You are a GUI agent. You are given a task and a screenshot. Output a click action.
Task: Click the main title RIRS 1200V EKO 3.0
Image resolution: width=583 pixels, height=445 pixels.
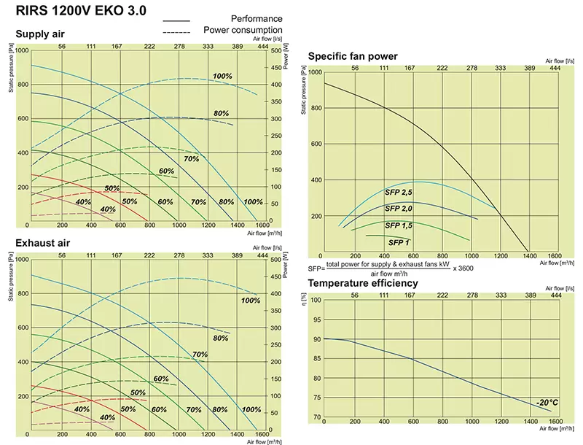click(82, 11)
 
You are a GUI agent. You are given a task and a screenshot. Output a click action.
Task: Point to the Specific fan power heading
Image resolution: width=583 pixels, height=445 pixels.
click(353, 56)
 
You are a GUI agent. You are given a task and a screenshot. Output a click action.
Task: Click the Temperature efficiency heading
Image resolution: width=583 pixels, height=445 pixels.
click(363, 283)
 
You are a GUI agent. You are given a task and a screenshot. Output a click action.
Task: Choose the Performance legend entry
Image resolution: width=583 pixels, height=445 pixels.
click(257, 18)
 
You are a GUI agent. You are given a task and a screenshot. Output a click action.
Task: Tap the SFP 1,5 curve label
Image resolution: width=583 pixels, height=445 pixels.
click(399, 225)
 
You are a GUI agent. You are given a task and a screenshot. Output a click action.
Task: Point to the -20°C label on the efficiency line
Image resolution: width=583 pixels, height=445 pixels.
click(547, 403)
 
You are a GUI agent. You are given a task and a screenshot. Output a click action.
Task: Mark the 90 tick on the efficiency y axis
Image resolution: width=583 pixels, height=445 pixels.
click(316, 339)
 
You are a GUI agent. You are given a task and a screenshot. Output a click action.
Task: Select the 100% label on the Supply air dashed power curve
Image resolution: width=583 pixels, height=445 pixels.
click(223, 76)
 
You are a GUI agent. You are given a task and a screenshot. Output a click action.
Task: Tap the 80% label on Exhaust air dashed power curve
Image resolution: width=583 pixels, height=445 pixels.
click(220, 338)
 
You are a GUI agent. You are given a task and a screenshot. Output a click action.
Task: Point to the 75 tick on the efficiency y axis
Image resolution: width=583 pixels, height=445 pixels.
click(316, 398)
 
